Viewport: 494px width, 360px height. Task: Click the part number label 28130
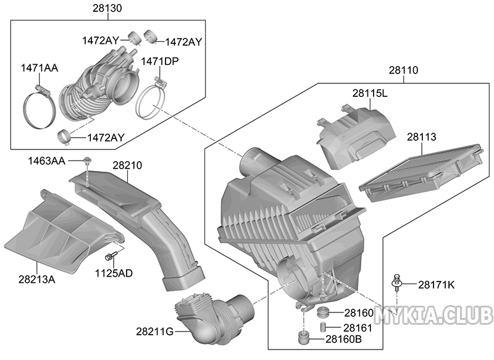tap(107, 8)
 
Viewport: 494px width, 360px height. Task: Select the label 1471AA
tap(40, 68)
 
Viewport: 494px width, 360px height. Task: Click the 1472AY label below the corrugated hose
tap(106, 138)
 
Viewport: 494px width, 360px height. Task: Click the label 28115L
tap(370, 93)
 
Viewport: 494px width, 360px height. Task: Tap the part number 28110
tap(403, 70)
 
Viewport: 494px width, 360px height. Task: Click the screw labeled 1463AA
tap(86, 161)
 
